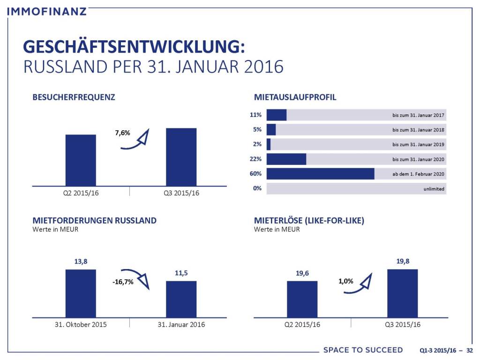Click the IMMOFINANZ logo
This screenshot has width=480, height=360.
(47, 10)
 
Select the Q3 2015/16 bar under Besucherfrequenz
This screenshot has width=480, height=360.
(181, 157)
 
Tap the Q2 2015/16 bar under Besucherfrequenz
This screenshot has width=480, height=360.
(81, 160)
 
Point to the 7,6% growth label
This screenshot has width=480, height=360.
(122, 133)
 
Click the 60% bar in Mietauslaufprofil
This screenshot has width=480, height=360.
(320, 174)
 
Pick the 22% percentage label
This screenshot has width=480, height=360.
(256, 159)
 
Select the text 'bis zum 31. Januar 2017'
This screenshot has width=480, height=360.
(418, 115)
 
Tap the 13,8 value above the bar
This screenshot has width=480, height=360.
(81, 262)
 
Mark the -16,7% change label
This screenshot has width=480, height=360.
(123, 282)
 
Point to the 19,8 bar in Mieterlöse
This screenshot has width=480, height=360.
(402, 293)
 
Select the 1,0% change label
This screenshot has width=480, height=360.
(345, 282)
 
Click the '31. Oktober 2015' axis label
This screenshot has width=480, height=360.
(81, 324)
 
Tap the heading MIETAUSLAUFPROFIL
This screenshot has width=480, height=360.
(295, 98)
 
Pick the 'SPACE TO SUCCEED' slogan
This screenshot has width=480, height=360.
(363, 350)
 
